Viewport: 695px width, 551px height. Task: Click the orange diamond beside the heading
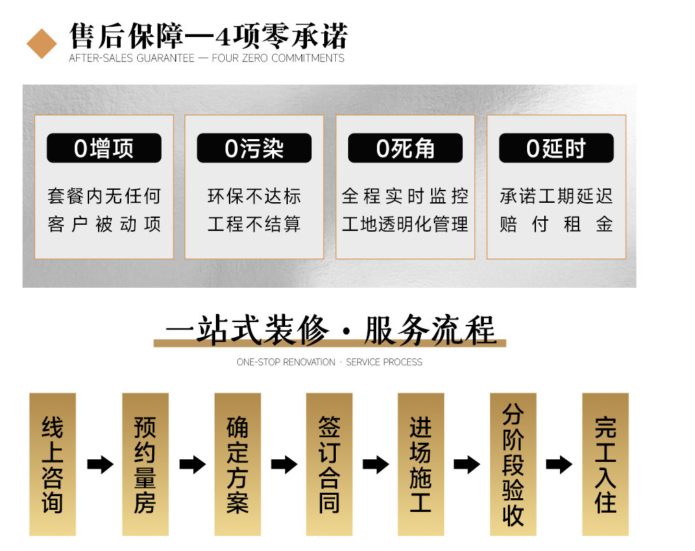(x=42, y=43)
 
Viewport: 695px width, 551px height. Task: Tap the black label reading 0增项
(x=104, y=149)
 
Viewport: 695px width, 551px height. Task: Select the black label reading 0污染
(x=254, y=149)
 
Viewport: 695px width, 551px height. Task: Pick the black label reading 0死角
(x=405, y=149)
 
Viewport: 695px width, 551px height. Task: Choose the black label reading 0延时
(x=556, y=149)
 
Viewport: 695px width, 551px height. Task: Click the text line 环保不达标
(x=254, y=197)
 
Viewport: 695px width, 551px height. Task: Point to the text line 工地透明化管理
(x=405, y=224)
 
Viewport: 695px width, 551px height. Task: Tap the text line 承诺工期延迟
(x=556, y=197)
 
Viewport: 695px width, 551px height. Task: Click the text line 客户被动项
(x=104, y=224)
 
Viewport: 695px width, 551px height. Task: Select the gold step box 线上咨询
(x=53, y=464)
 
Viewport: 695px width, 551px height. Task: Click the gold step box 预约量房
(x=145, y=464)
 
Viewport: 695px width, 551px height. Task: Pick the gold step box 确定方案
(x=237, y=464)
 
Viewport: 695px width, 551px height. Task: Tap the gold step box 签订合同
(x=329, y=464)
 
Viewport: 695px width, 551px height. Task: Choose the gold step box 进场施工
(x=421, y=464)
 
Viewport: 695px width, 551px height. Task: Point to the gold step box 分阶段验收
(x=513, y=464)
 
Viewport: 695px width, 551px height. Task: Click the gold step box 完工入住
(x=605, y=464)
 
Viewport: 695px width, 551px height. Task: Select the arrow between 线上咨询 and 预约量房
(x=100, y=465)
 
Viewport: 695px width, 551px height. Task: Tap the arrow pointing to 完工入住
(x=559, y=465)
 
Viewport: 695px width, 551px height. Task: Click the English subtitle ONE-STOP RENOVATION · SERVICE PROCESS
(x=329, y=362)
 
